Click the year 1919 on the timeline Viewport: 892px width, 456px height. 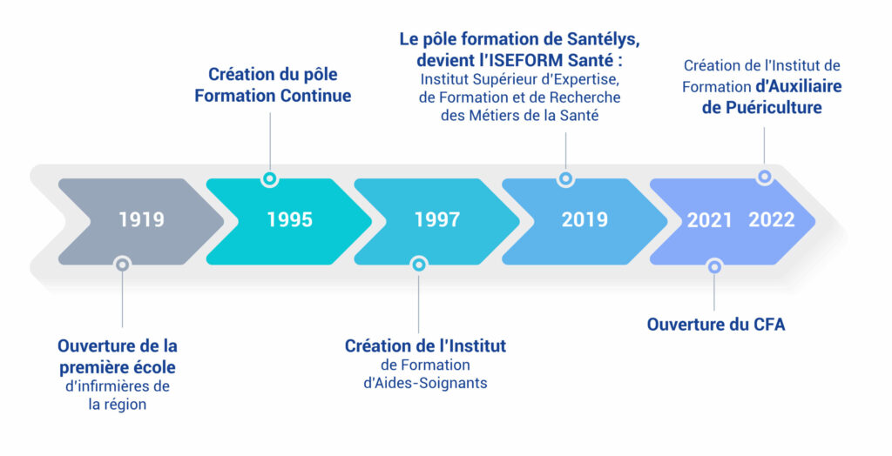(142, 219)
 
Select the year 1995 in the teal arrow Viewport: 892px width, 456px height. (289, 219)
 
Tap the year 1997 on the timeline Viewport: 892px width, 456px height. (437, 219)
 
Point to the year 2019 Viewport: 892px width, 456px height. (585, 219)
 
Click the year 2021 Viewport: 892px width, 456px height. (709, 220)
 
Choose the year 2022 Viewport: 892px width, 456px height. (772, 219)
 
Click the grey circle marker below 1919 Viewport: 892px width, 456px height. (122, 265)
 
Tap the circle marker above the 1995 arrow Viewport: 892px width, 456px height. (270, 178)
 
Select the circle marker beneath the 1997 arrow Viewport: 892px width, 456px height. (419, 265)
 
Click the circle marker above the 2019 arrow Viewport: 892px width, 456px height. (565, 178)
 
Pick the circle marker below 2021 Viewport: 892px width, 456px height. (714, 266)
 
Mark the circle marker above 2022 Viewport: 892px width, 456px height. (765, 177)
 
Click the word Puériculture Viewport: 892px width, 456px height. (773, 107)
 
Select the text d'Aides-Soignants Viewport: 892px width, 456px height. (425, 383)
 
